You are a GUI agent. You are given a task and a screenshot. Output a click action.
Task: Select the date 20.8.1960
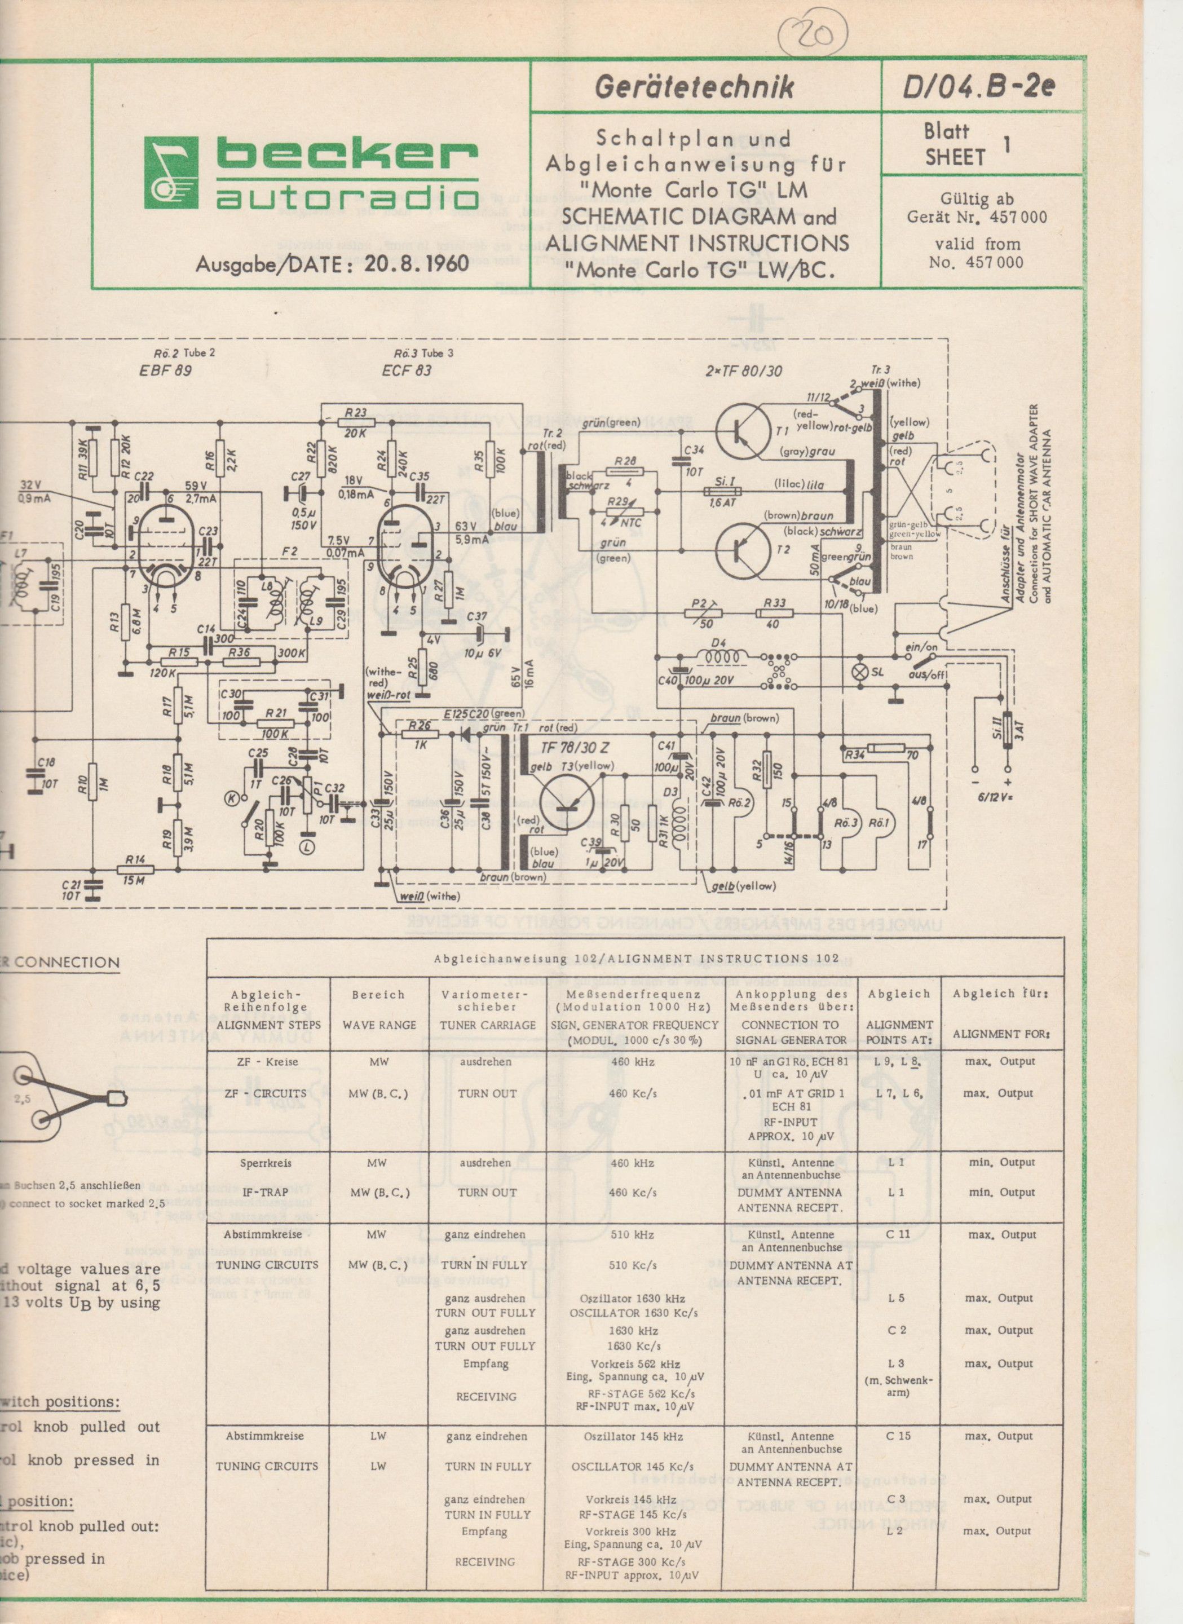click(416, 263)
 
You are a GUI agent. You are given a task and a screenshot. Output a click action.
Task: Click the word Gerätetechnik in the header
click(694, 87)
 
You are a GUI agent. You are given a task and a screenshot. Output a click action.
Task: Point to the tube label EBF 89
click(166, 370)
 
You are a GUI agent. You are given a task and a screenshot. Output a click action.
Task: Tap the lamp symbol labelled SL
click(858, 672)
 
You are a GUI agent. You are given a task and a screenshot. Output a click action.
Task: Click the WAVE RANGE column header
click(379, 1025)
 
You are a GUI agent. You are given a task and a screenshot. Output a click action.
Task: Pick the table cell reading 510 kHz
click(630, 1234)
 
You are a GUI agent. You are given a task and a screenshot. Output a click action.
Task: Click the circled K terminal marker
click(232, 798)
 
